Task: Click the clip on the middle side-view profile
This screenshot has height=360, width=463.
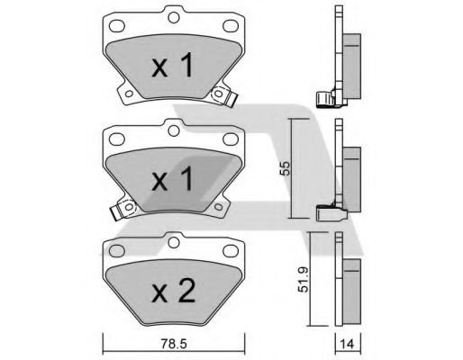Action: click(x=328, y=214)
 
